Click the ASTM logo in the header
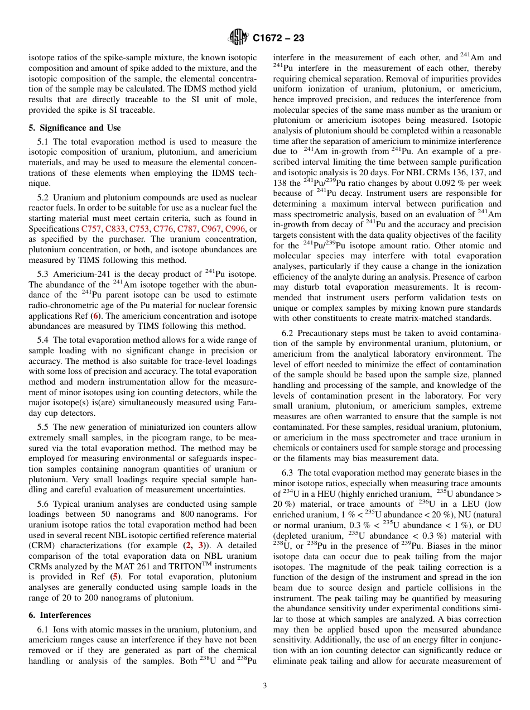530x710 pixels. pos(238,39)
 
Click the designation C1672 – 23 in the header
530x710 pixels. pos(278,39)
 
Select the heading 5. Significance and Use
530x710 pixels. pos(75,127)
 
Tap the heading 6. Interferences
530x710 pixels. pos(60,615)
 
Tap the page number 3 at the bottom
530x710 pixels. pos(265,686)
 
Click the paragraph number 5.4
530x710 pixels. pos(44,340)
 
